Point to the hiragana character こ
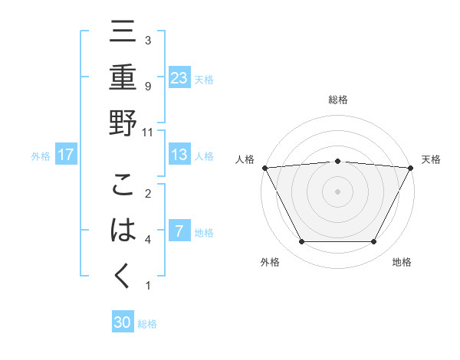(x=123, y=186)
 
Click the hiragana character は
(x=123, y=230)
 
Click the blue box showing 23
(x=179, y=77)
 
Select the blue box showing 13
(x=179, y=155)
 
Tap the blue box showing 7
(x=179, y=231)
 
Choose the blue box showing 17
(x=66, y=155)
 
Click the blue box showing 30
(x=123, y=322)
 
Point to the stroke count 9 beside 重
(x=148, y=86)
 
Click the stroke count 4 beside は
(x=148, y=240)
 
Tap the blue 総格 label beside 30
(x=148, y=324)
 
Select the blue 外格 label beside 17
(x=41, y=156)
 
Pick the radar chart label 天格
(x=431, y=159)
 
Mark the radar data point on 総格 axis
(x=338, y=161)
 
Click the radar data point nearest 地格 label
(x=374, y=242)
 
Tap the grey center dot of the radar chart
(x=338, y=191)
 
